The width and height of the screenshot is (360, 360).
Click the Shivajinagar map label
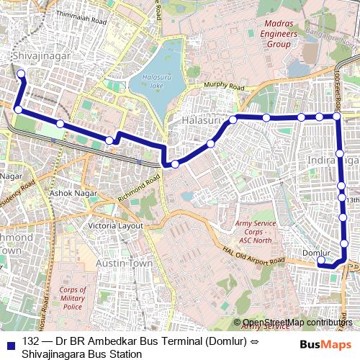click(35, 55)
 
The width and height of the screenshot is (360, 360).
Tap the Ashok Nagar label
click(68, 194)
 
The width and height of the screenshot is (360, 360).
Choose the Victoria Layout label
click(115, 225)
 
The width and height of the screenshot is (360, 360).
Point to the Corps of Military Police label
click(72, 298)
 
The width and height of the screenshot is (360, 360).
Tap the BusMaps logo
click(320, 344)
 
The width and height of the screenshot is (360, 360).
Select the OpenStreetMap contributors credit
click(297, 322)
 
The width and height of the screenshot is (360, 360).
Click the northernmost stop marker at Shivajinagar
click(21, 73)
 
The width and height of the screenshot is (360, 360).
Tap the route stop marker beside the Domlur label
click(321, 262)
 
